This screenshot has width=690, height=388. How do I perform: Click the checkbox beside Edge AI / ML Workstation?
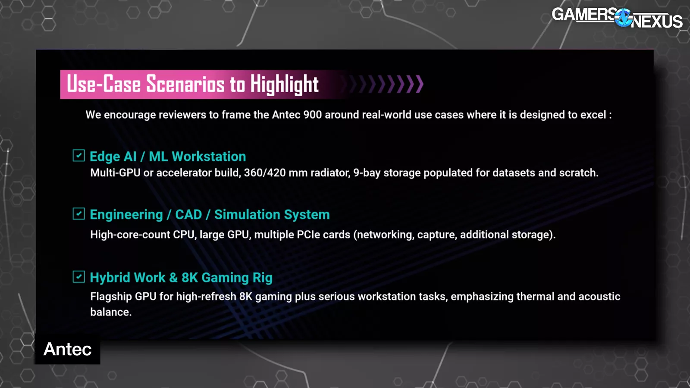(x=78, y=156)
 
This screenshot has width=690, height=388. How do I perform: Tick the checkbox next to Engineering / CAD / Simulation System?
(x=78, y=214)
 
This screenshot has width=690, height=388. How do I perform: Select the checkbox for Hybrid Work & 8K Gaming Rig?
(x=78, y=277)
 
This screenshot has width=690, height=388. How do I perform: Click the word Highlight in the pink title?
(x=284, y=84)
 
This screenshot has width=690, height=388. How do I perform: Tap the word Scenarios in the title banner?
(x=185, y=84)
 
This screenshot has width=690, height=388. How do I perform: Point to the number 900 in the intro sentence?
(x=312, y=115)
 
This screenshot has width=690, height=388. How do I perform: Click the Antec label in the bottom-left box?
(x=67, y=349)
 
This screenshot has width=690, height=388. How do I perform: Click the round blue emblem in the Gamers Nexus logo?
(x=623, y=18)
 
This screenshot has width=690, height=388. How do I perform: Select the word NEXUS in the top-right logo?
(x=656, y=22)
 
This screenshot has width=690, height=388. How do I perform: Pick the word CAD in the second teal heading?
(x=188, y=215)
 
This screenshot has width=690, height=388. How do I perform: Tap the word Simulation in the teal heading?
(x=247, y=215)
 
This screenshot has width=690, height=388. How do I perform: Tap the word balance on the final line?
(x=111, y=312)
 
